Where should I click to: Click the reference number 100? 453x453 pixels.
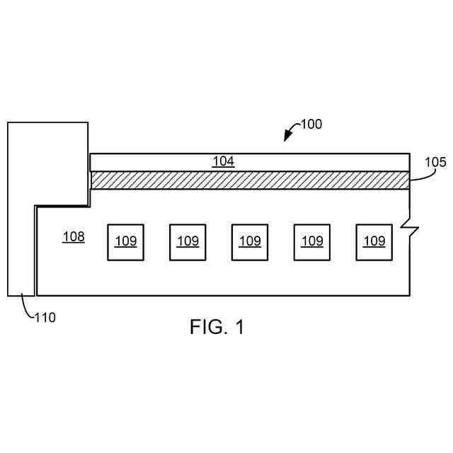click(x=311, y=125)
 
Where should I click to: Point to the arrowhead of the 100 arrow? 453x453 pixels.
click(x=287, y=139)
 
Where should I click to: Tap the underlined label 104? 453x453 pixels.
click(x=223, y=161)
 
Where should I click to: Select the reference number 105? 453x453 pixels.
click(x=435, y=162)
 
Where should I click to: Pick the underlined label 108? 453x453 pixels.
click(x=74, y=236)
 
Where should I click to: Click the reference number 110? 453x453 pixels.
click(x=45, y=318)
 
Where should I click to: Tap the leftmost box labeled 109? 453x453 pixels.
click(x=125, y=241)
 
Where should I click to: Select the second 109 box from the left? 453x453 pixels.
click(x=188, y=241)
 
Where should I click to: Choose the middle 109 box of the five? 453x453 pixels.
click(x=250, y=241)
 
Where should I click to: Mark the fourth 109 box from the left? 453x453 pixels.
click(x=312, y=241)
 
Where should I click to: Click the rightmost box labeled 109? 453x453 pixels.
click(x=374, y=241)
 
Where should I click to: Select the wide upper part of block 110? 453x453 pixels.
click(x=48, y=163)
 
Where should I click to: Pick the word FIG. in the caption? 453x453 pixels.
click(x=207, y=327)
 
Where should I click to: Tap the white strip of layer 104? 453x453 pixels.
click(x=319, y=161)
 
